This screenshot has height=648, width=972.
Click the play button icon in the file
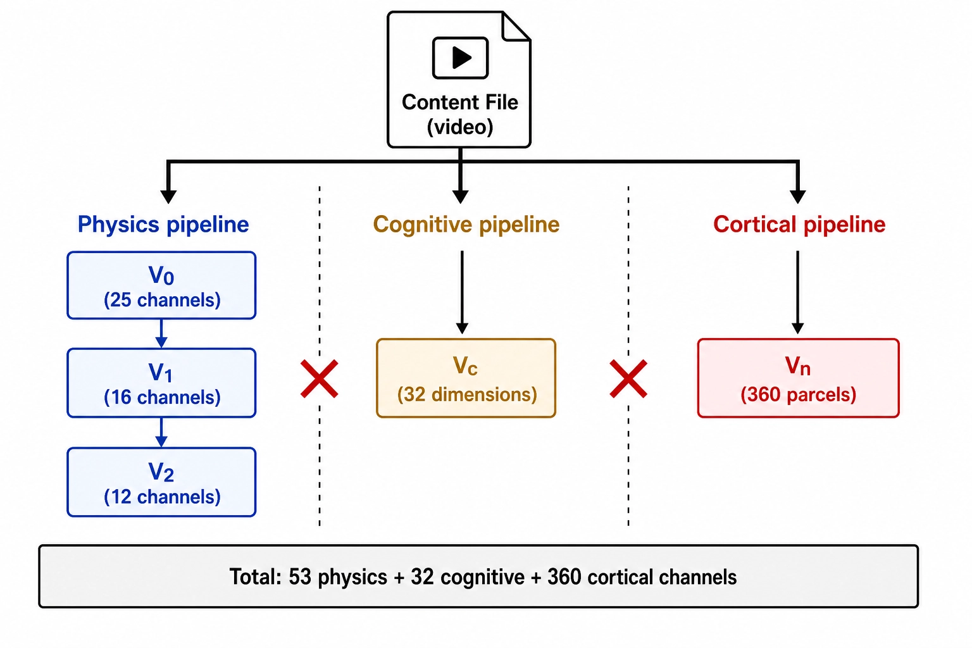[x=461, y=58]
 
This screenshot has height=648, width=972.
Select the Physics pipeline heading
[x=163, y=225]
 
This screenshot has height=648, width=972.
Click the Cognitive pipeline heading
[x=466, y=225]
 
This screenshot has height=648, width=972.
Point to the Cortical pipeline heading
[x=799, y=225]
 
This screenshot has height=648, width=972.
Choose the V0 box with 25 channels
[x=161, y=285]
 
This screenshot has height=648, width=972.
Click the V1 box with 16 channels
[x=161, y=383]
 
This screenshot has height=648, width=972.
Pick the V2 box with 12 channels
[x=161, y=482]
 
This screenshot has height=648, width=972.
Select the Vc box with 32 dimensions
[x=466, y=378]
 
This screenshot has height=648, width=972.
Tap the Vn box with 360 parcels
[x=799, y=378]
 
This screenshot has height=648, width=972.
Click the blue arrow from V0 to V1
[x=161, y=333]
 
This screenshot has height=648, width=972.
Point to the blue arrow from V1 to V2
[x=161, y=433]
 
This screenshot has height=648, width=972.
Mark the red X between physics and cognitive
[x=320, y=378]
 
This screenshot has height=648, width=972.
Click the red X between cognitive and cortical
[x=628, y=378]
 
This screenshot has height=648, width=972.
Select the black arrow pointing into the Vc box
[x=462, y=292]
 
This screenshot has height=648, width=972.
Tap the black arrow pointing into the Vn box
[x=797, y=292]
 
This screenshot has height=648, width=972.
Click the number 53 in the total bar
[x=301, y=577]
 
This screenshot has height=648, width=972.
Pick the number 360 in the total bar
[x=564, y=577]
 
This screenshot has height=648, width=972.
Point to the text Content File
[x=460, y=103]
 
